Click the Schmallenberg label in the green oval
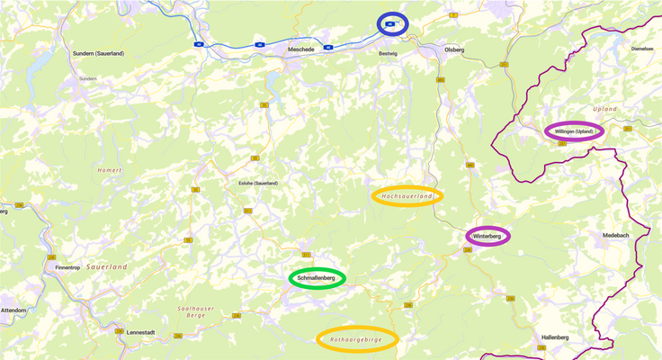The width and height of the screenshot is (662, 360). (x=317, y=279)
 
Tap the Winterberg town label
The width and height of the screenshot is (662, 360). (x=488, y=237)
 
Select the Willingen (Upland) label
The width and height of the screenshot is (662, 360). (x=573, y=131)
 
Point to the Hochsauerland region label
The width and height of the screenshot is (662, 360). (x=407, y=196)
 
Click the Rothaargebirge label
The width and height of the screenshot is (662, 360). (x=357, y=338)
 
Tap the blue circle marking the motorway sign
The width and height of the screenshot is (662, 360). (x=391, y=24)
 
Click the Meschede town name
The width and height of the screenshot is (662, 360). (x=300, y=50)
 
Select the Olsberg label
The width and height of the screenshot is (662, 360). (x=454, y=50)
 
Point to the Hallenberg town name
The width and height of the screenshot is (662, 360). (x=555, y=337)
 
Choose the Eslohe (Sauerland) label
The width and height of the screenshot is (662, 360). (x=258, y=183)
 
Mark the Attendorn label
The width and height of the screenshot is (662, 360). (x=13, y=310)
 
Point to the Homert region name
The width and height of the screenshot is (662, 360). (x=110, y=170)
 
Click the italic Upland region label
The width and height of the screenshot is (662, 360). (x=605, y=109)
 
